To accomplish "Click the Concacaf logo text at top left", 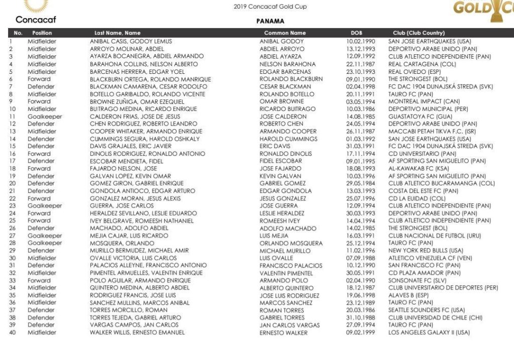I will pos(36,20).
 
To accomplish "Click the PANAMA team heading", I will pos(270,22).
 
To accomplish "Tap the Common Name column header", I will pos(285,33).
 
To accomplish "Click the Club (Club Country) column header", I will pos(419,33).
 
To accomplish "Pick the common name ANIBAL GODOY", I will pos(282,41).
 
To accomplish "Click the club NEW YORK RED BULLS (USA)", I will pos(426,251).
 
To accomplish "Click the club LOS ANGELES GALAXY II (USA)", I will pos(429,332).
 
